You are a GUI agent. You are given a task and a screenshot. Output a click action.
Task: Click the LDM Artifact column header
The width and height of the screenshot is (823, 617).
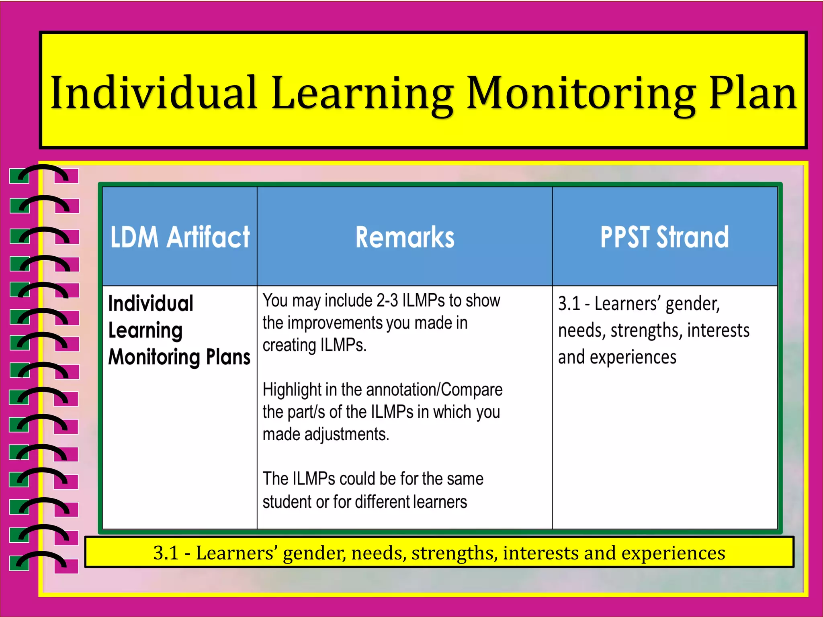point(180,237)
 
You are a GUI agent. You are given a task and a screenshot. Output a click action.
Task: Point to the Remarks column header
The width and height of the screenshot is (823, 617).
point(405,237)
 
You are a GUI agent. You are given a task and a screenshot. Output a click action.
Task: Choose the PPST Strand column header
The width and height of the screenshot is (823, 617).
point(664,237)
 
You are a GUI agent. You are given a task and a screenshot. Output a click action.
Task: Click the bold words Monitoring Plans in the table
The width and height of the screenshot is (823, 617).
point(179,357)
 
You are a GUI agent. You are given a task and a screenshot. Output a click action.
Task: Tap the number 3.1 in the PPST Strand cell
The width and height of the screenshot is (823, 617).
point(569,304)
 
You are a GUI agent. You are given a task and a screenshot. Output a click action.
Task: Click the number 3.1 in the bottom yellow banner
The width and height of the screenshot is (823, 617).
point(166,553)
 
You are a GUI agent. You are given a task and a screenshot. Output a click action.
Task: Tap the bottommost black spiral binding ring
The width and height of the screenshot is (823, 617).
point(43,559)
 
